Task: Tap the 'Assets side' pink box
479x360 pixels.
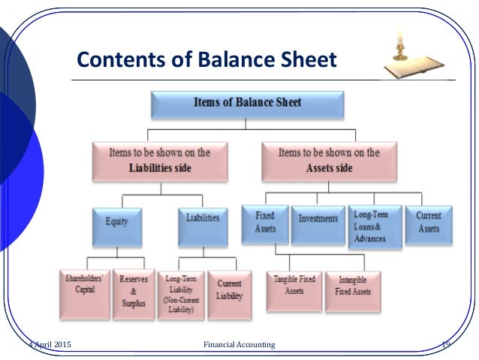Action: click(x=329, y=159)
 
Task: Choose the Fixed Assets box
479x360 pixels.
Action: click(x=264, y=223)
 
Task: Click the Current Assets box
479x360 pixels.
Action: click(x=429, y=223)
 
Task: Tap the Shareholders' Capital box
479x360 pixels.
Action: click(x=84, y=289)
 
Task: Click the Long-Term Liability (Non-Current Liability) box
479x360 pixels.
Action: click(x=180, y=295)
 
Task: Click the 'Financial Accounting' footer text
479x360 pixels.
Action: click(x=239, y=344)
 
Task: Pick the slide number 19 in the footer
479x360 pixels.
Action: click(x=444, y=344)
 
